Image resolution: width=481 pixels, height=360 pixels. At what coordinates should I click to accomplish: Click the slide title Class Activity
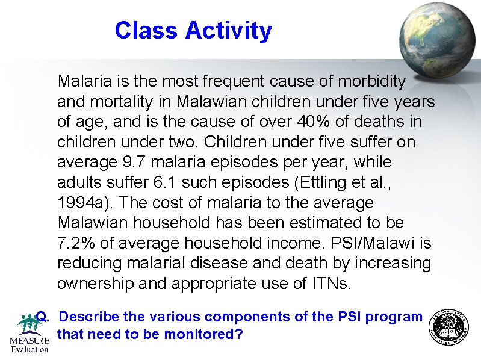(193, 30)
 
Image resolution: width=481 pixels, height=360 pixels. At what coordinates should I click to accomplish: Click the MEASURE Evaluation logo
(28, 334)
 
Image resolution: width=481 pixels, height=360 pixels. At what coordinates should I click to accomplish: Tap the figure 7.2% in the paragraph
(75, 243)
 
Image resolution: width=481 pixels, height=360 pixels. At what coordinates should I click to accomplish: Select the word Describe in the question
(89, 317)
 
